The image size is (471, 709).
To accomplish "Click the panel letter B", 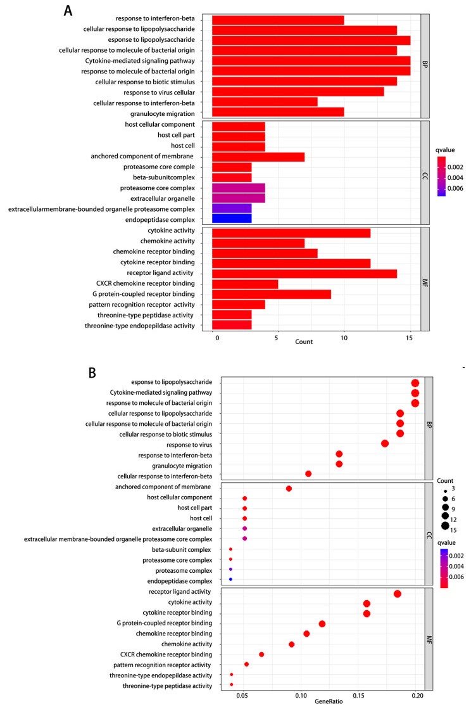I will [92, 372].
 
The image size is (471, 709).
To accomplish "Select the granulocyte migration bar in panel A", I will [277, 113].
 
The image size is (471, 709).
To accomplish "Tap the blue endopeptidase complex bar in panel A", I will [232, 219].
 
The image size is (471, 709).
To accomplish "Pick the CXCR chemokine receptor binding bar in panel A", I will [245, 283].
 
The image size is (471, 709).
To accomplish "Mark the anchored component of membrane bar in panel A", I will [258, 156].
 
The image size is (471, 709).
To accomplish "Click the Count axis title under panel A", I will [304, 342].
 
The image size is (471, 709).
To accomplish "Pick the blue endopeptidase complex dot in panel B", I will [230, 580].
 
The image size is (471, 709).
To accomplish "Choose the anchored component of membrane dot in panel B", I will [289, 489].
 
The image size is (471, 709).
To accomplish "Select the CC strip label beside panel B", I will [428, 534].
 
